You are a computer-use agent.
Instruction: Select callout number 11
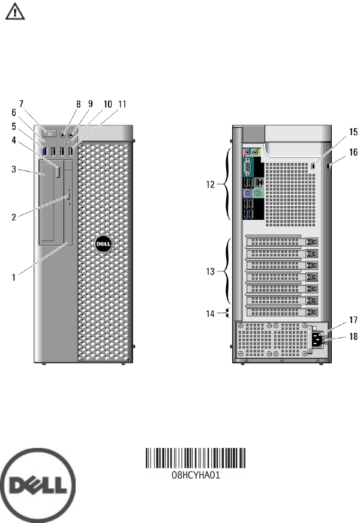[123, 104]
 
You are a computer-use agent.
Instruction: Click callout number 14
[211, 313]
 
